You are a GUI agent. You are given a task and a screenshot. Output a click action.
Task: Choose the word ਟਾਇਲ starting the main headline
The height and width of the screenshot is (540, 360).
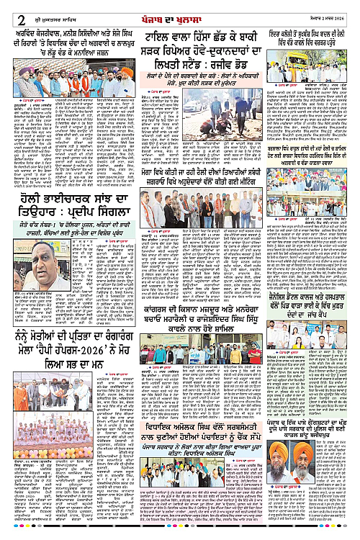[158, 35]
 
